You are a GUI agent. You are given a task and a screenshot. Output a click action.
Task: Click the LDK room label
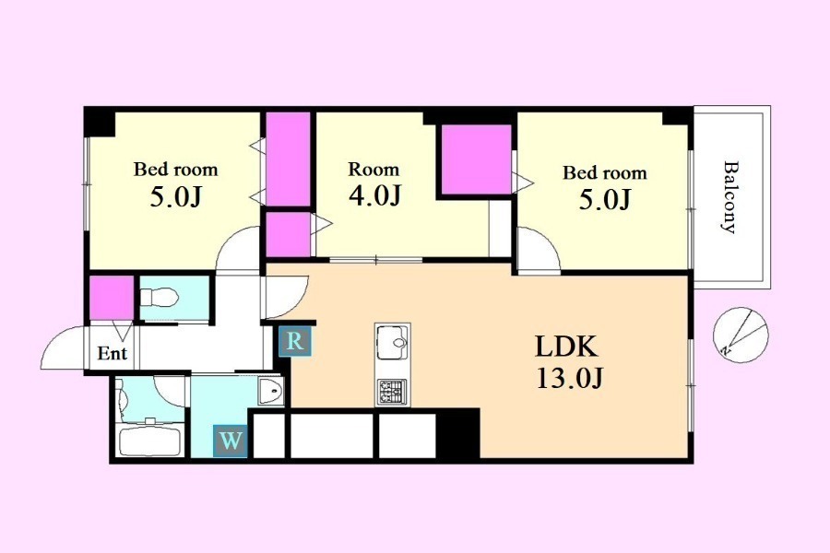[566, 347]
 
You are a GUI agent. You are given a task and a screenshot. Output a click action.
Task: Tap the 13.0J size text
[570, 379]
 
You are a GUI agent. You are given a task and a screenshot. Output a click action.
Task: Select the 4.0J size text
[374, 195]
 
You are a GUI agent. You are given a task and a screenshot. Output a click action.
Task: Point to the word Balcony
[730, 197]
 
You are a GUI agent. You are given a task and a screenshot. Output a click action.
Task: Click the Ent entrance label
[113, 353]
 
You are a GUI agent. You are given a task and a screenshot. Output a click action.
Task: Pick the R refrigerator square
[295, 342]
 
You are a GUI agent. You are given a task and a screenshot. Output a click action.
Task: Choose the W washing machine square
[231, 441]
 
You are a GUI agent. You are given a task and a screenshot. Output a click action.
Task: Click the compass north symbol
[740, 335]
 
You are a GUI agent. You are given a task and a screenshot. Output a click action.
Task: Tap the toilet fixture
[160, 298]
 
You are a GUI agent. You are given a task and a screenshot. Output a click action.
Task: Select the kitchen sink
[392, 342]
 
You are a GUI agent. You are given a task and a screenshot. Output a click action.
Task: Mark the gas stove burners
[392, 392]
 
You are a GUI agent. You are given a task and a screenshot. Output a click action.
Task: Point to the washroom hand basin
[271, 392]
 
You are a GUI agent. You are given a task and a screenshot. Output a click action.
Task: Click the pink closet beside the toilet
[112, 298]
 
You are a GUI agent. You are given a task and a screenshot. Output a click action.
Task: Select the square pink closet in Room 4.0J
[477, 159]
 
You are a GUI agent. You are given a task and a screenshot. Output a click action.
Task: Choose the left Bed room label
[176, 170]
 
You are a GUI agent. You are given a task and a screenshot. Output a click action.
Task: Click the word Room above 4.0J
[373, 170]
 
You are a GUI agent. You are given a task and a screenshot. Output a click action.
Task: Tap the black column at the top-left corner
[100, 122]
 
